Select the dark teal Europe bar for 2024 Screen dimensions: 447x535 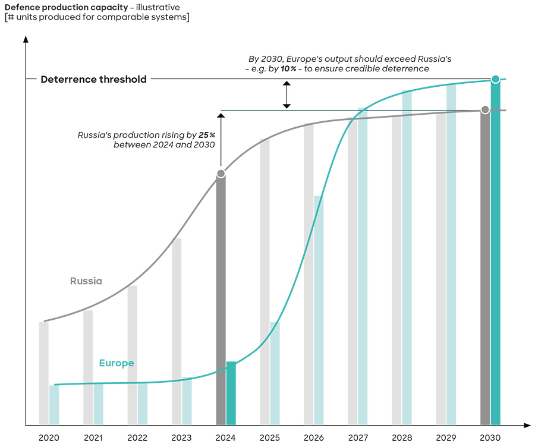[x=231, y=394]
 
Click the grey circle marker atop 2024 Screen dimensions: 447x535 [x=221, y=174]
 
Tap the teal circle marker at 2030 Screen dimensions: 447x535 [x=495, y=79]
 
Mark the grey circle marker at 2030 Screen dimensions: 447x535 [x=485, y=110]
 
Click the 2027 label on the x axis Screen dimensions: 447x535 [x=358, y=438]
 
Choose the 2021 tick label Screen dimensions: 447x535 [x=93, y=438]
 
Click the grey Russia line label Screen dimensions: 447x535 [x=86, y=281]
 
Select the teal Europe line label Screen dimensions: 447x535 [x=117, y=363]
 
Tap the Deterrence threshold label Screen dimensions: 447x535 [x=93, y=79]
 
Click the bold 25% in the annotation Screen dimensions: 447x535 [x=207, y=135]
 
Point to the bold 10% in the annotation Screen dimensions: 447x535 [x=289, y=69]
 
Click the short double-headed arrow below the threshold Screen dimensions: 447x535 [x=287, y=95]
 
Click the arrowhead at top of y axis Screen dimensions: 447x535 [x=26, y=39]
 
